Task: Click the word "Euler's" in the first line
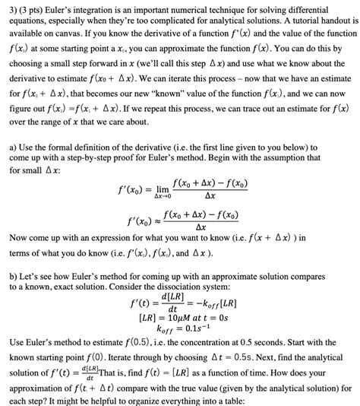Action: [x=70, y=9]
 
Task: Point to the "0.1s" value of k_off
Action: [x=195, y=328]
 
